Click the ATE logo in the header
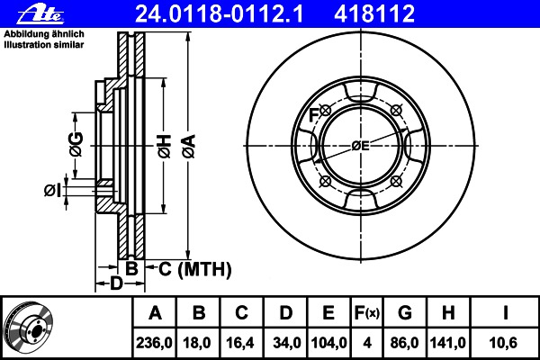click(x=40, y=14)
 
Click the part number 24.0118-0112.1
click(x=220, y=14)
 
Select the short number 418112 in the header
click(x=374, y=14)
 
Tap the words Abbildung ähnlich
click(x=44, y=34)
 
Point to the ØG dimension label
click(x=76, y=144)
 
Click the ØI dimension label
click(x=53, y=190)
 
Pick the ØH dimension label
click(x=165, y=147)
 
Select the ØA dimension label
click(x=189, y=147)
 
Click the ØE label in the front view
click(x=361, y=146)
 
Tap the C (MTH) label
click(x=195, y=269)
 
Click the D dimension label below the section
click(x=116, y=283)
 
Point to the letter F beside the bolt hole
click(x=313, y=115)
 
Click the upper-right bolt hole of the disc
click(x=396, y=111)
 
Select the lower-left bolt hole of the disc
click(x=325, y=181)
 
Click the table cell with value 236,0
click(x=154, y=343)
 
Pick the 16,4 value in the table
click(x=240, y=343)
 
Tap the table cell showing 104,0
click(x=328, y=343)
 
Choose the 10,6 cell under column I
click(x=503, y=343)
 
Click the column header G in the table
click(x=405, y=313)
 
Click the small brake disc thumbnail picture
click(x=30, y=328)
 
